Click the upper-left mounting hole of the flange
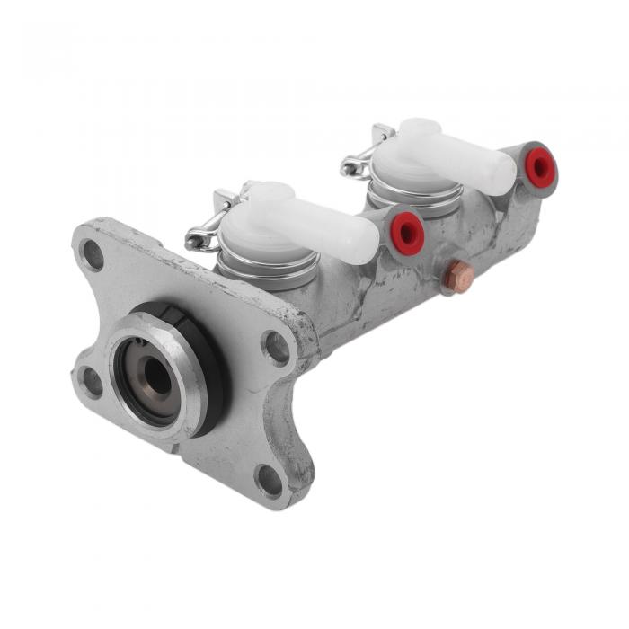pyautogui.click(x=93, y=255)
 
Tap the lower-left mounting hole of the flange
pyautogui.click(x=92, y=383)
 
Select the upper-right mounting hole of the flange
pyautogui.click(x=276, y=347)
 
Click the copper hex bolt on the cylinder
pyautogui.click(x=458, y=275)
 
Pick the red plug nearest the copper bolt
pyautogui.click(x=407, y=233)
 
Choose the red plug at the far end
pyautogui.click(x=540, y=167)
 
